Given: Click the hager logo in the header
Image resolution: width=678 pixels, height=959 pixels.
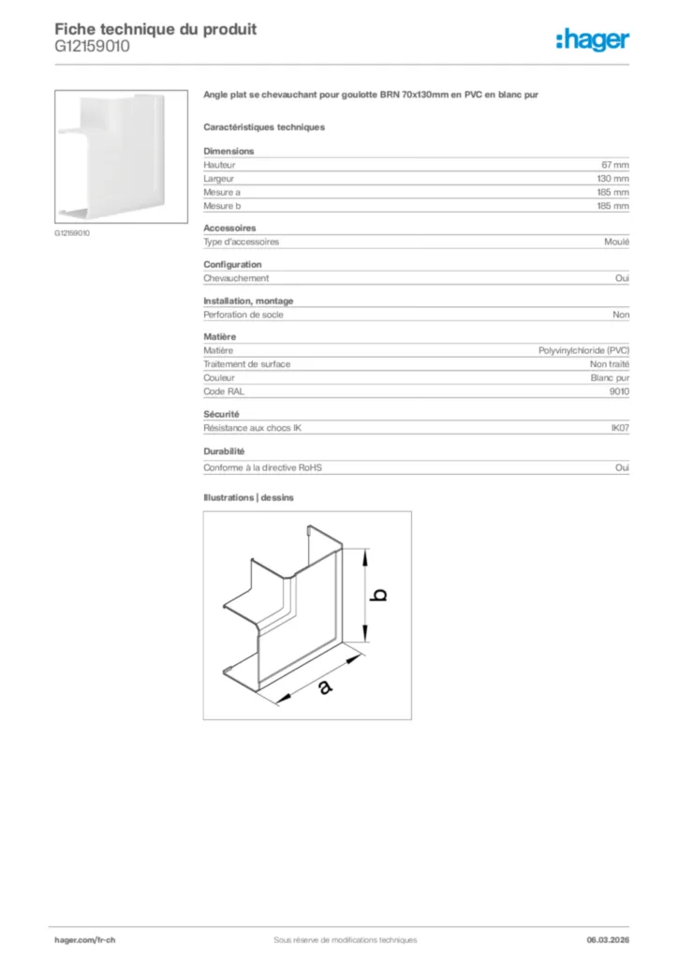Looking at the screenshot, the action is (593, 38).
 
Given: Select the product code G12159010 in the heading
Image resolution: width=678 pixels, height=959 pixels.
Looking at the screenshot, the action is (92, 45).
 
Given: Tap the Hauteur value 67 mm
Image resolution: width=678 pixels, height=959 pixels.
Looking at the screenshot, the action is (615, 165).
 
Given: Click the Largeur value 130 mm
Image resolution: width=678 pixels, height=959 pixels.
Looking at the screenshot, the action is (613, 178).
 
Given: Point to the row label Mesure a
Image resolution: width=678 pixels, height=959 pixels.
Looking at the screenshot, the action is (222, 192).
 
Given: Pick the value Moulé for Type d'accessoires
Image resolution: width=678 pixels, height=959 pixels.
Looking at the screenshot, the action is (617, 242).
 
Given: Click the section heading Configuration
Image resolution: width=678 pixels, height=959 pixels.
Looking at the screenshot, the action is (232, 264).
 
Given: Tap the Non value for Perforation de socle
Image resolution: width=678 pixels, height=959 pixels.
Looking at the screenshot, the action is (621, 315).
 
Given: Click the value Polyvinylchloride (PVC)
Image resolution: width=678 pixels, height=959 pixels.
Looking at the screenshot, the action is (583, 350).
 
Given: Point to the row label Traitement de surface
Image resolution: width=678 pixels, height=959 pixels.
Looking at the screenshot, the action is (246, 363).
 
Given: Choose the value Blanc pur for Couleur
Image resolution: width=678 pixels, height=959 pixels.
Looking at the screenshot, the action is (610, 377).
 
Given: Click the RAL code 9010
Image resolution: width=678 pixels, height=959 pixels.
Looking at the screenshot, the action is (619, 391).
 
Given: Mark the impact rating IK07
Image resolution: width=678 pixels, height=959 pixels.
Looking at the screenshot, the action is (620, 428).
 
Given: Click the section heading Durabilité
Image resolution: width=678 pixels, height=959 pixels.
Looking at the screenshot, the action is (224, 451).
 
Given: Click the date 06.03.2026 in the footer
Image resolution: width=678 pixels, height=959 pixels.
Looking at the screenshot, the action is (601, 939).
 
